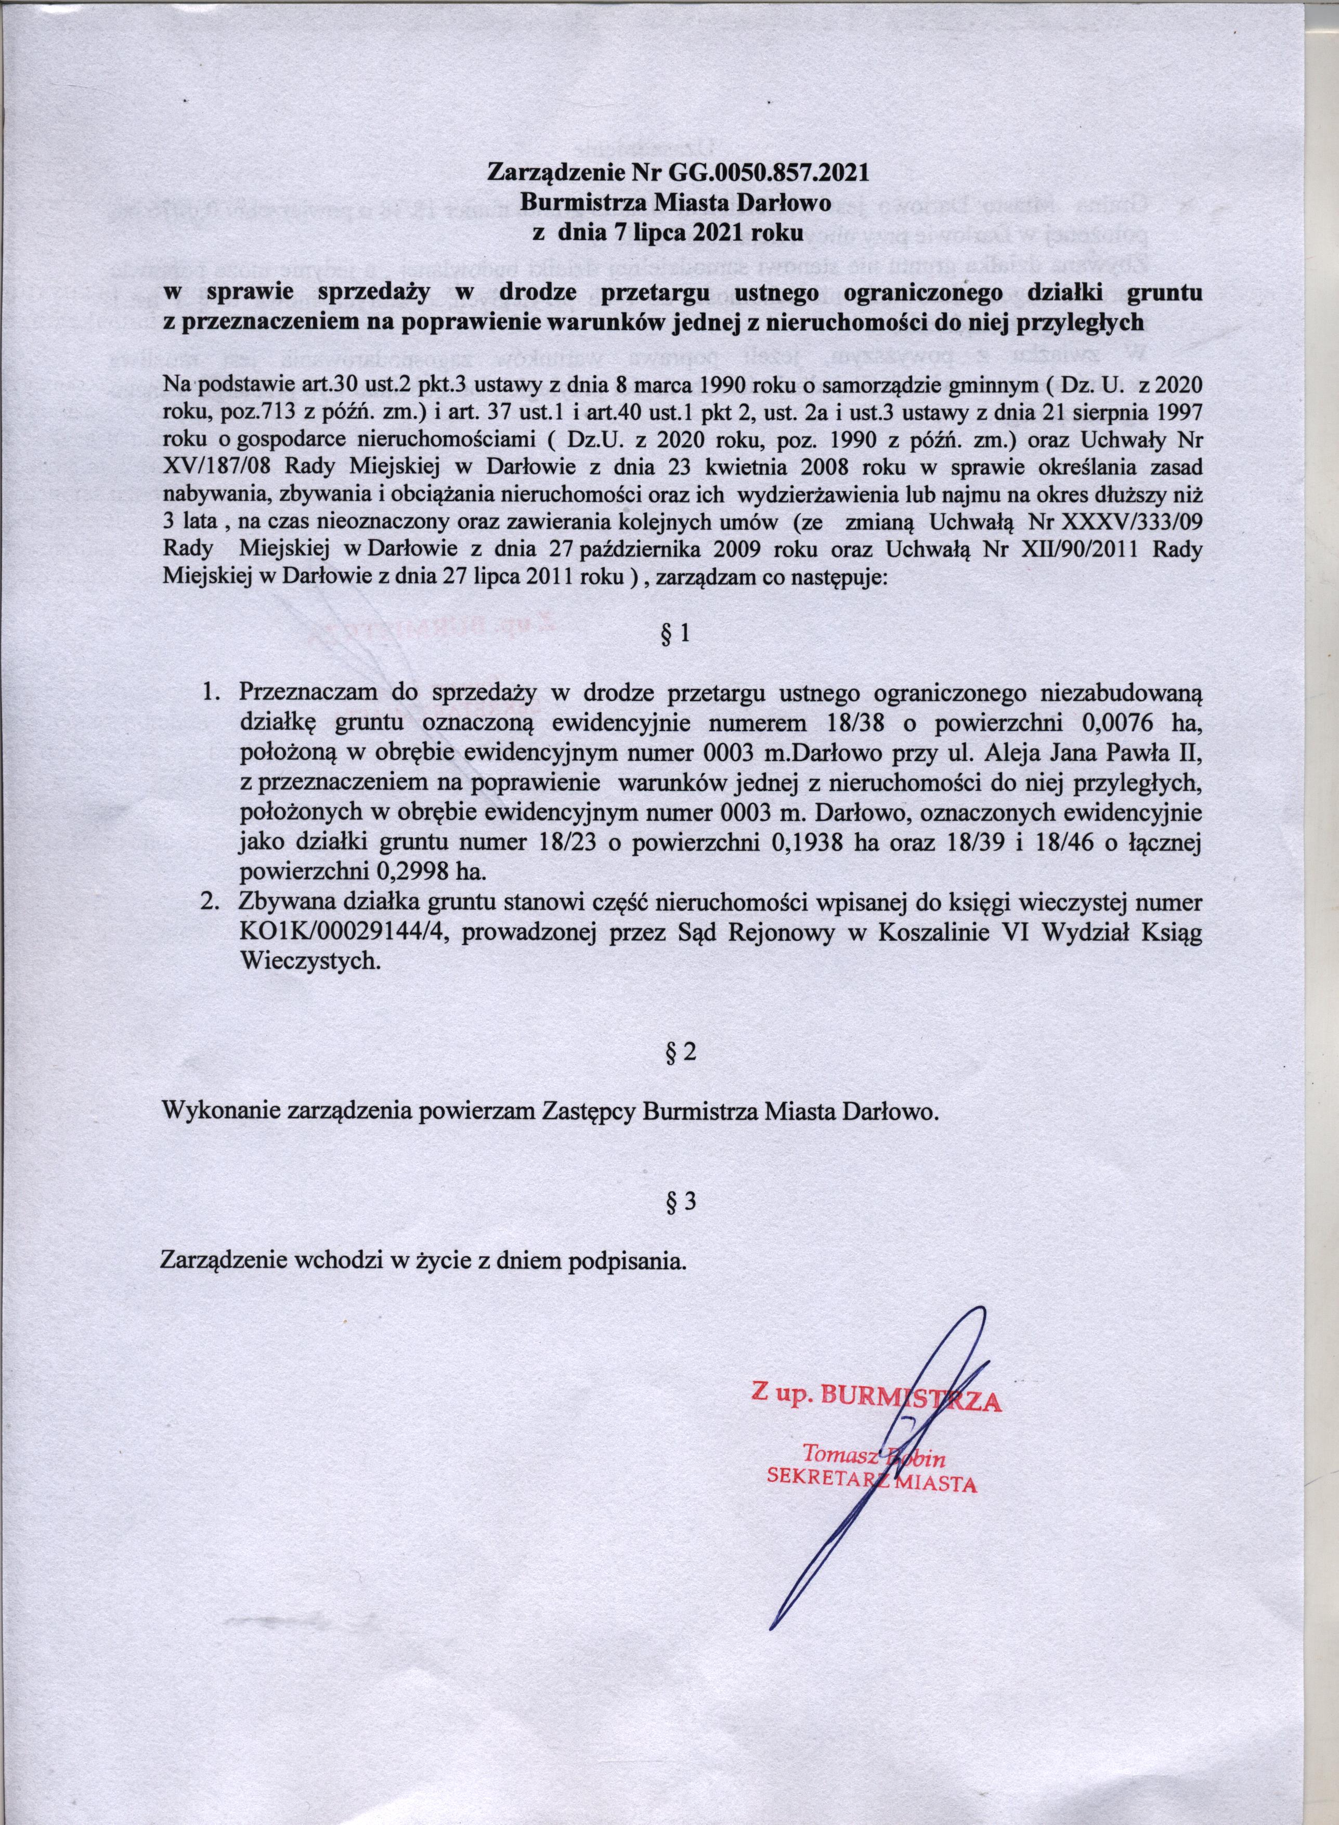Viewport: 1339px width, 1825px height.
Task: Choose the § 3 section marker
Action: [679, 1202]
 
